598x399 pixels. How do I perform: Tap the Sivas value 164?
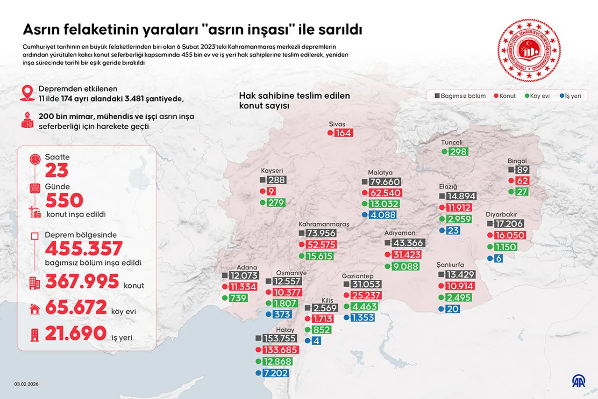point(343,133)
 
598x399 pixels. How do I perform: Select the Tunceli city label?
point(452,142)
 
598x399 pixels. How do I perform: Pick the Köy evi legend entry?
point(540,96)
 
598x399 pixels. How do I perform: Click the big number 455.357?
point(84,248)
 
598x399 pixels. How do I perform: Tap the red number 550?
point(64,201)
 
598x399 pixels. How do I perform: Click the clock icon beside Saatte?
point(35,159)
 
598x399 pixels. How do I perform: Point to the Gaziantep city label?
point(357,276)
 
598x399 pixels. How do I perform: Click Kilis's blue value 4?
point(317,341)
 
